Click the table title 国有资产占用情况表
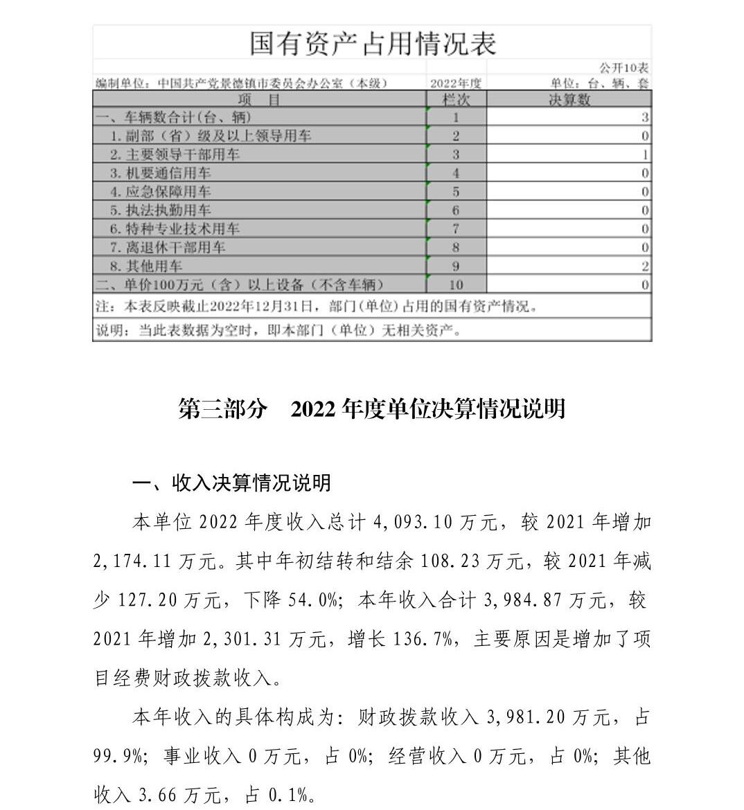tap(373, 43)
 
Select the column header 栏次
tap(456, 100)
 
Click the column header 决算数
tap(569, 100)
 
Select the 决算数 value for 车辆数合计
tap(645, 118)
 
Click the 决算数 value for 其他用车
tap(645, 266)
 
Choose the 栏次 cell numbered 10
tap(456, 285)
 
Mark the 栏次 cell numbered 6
tap(456, 210)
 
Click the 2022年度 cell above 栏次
tap(456, 84)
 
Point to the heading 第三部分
tap(222, 408)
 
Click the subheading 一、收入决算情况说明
tap(231, 483)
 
